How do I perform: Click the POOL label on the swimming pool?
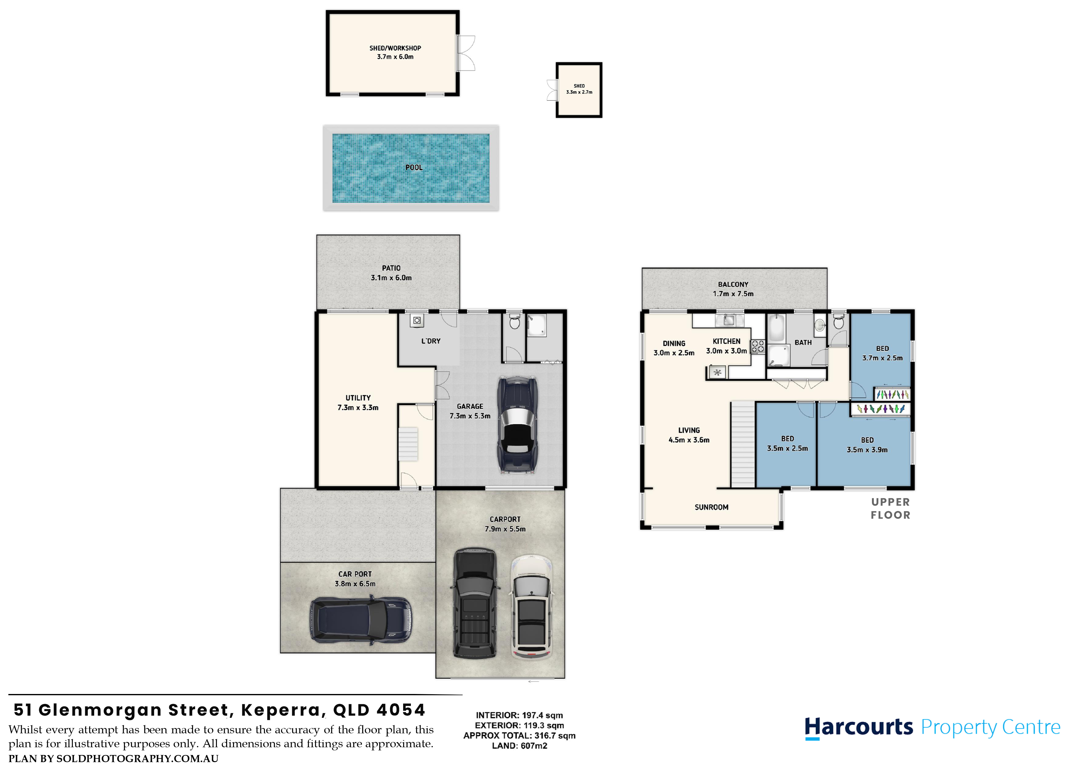coord(414,168)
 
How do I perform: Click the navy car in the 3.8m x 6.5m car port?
coord(361,620)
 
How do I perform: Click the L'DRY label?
coord(431,341)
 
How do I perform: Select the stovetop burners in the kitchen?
coord(758,347)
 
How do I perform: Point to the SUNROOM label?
coord(711,507)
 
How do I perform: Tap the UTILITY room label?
coord(358,398)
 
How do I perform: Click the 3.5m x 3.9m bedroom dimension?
coord(867,450)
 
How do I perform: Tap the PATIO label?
coord(391,268)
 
